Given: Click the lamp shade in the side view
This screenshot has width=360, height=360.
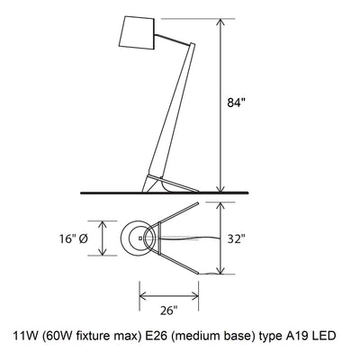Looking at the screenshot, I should (x=138, y=34).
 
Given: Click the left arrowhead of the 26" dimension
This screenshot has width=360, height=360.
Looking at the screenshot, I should (x=140, y=293).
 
